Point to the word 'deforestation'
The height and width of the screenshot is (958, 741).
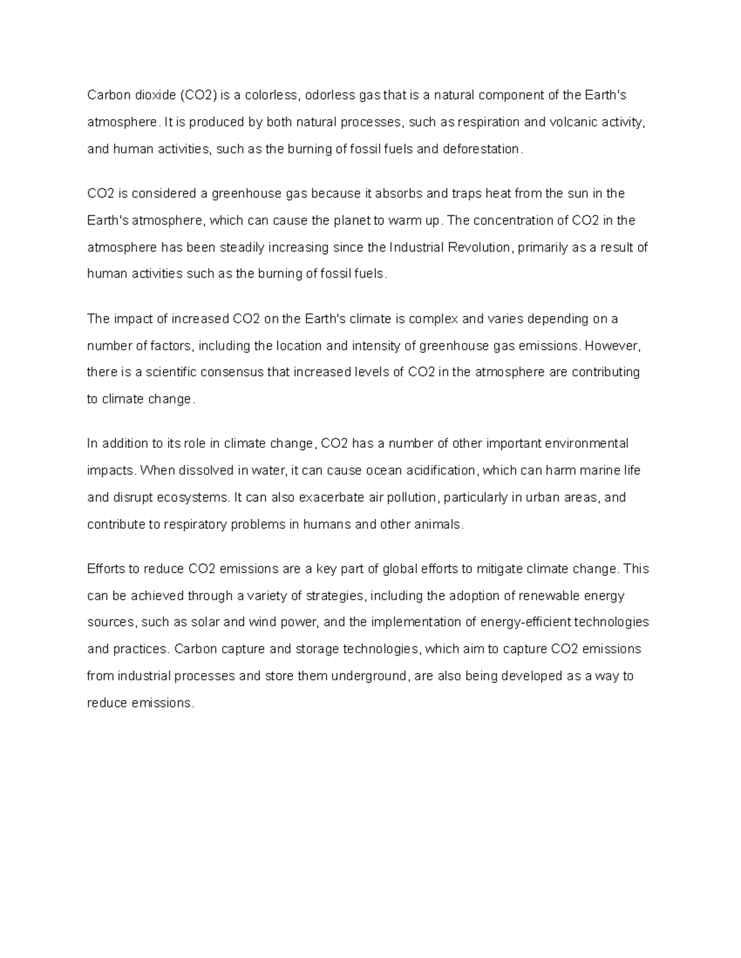[x=482, y=149]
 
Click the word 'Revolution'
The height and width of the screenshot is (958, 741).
[x=479, y=247]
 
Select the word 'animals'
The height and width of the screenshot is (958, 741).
[x=440, y=524]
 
